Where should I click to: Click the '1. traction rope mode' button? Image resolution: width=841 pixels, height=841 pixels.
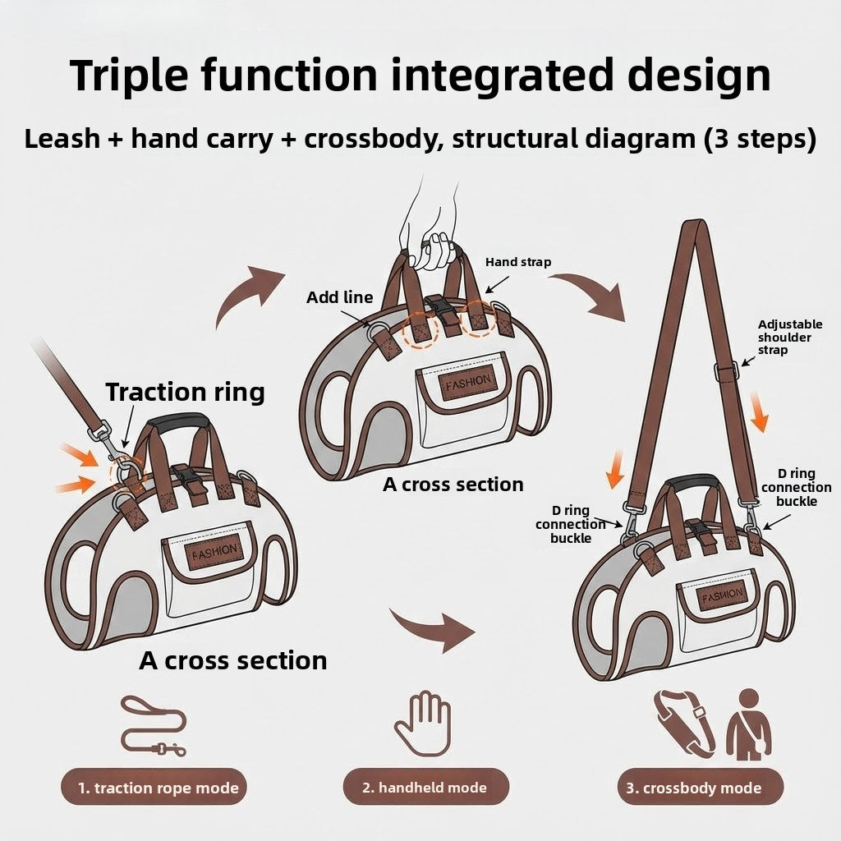pos(154,788)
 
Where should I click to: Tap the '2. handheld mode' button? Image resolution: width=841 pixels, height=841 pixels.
pos(425,788)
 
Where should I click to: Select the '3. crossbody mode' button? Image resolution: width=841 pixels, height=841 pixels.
pos(701,788)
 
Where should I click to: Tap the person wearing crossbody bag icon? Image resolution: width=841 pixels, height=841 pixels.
pos(747,723)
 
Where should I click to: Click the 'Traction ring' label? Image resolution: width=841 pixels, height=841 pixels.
pos(185,392)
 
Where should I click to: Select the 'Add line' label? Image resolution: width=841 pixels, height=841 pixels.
pos(339,297)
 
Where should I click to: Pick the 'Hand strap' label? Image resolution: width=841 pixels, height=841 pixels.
pos(518,262)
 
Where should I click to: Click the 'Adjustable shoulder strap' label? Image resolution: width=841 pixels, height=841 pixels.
pos(790,337)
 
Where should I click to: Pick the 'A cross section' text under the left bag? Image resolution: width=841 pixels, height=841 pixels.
pos(233,660)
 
